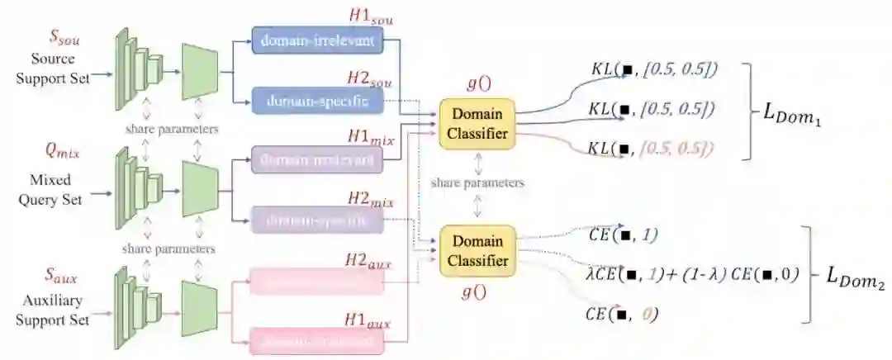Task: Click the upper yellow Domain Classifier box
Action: (477, 123)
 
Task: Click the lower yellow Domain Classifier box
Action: (477, 249)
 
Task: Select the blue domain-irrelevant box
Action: (317, 40)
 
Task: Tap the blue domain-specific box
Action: (317, 101)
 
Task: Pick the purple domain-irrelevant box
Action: (317, 162)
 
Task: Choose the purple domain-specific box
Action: (317, 221)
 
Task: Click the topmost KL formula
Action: (653, 71)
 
